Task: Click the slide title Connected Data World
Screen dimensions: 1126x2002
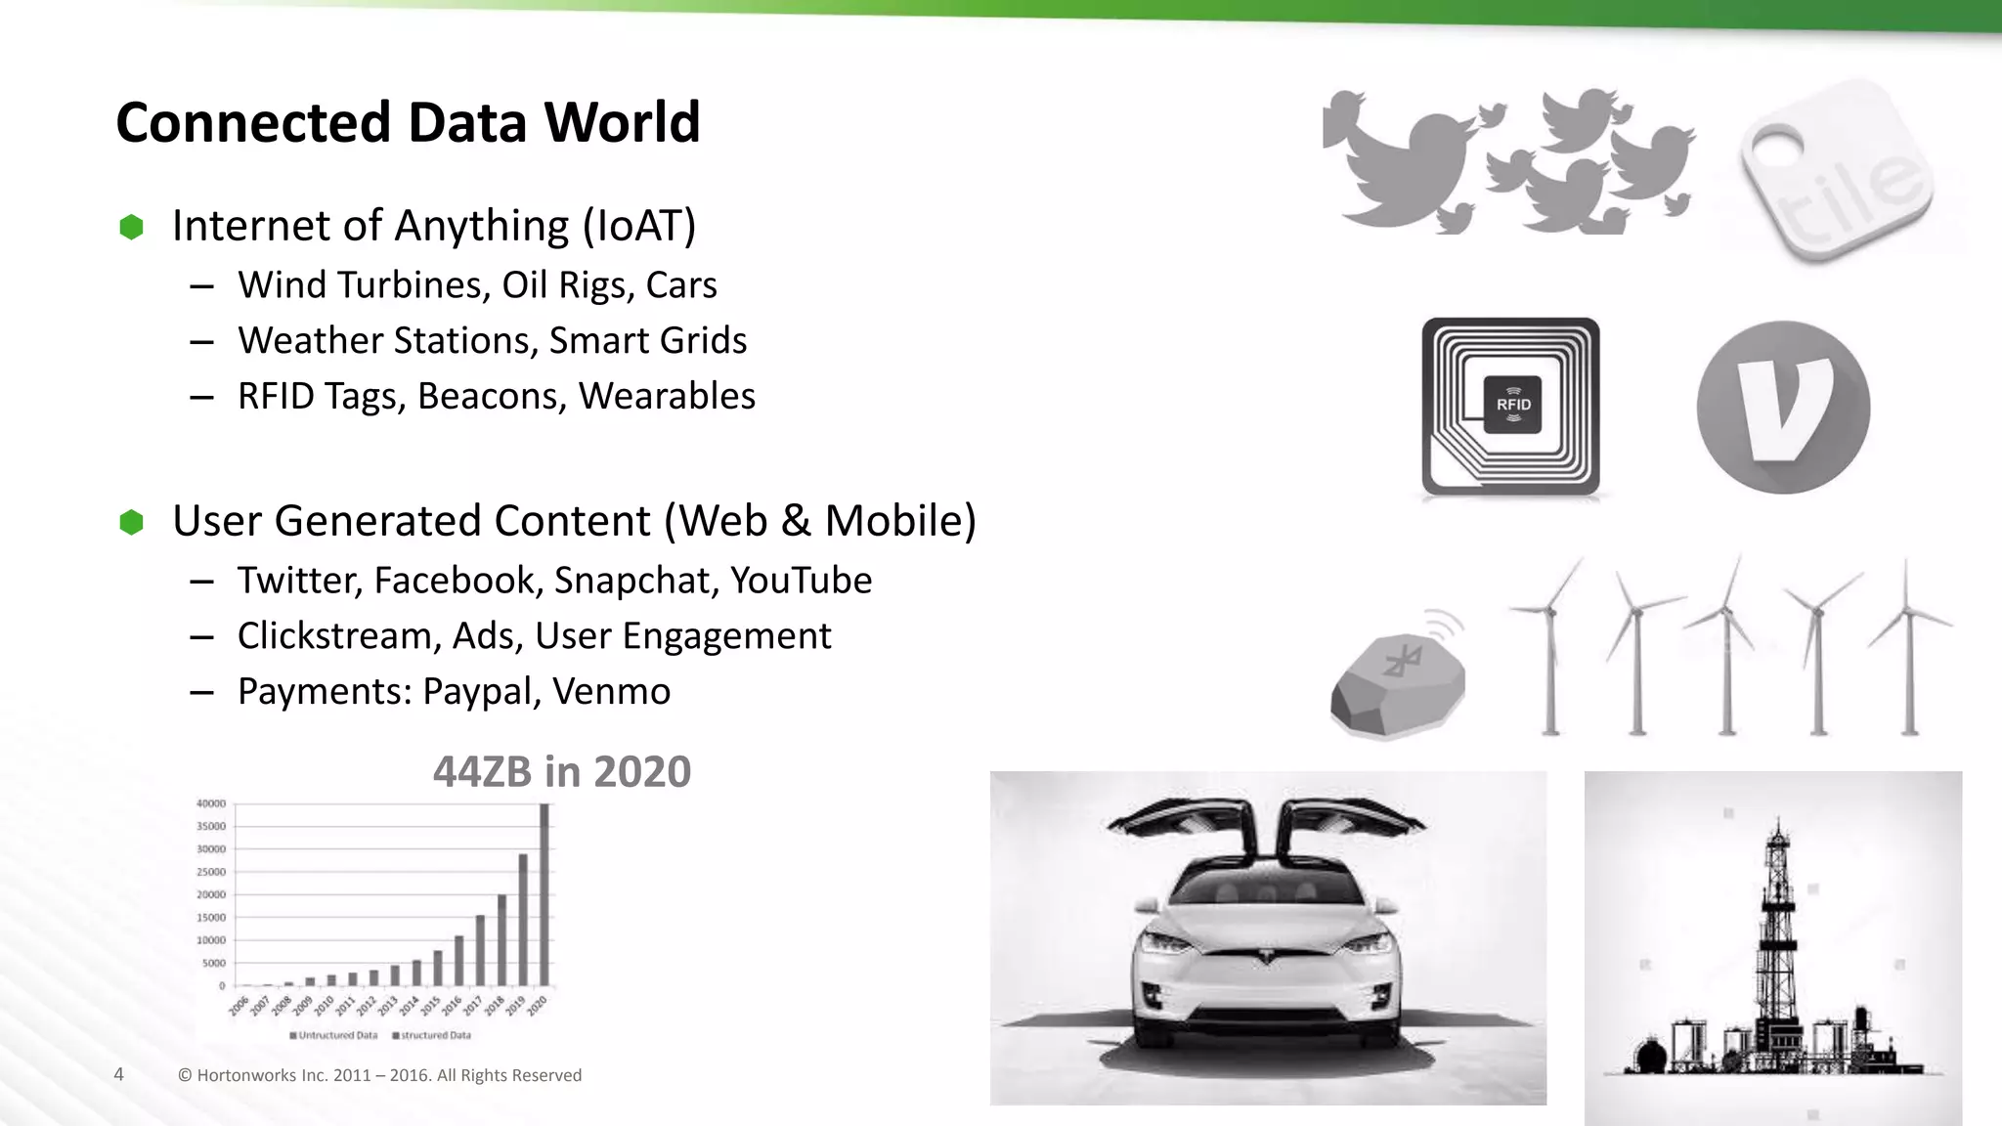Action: click(408, 122)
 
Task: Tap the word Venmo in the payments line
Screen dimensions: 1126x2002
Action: click(611, 691)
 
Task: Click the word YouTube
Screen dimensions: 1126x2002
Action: click(801, 581)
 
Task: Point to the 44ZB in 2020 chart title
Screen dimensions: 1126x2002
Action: click(562, 771)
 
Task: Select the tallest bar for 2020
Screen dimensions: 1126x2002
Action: click(544, 893)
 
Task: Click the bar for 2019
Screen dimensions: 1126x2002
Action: click(523, 919)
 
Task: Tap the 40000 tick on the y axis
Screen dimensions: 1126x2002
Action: click(211, 803)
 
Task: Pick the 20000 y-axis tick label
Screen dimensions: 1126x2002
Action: click(211, 894)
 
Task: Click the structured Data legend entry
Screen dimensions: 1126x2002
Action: click(432, 1035)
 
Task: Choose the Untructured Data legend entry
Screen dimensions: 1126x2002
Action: click(333, 1035)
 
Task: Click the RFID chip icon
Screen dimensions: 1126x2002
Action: click(1513, 405)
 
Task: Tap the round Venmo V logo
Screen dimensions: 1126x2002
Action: click(1783, 408)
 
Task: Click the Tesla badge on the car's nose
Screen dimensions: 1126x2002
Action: click(1268, 956)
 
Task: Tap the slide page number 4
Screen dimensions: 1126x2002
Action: click(119, 1075)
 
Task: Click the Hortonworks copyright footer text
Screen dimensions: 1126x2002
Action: click(379, 1075)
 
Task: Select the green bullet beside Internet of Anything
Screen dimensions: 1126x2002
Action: click(131, 227)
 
